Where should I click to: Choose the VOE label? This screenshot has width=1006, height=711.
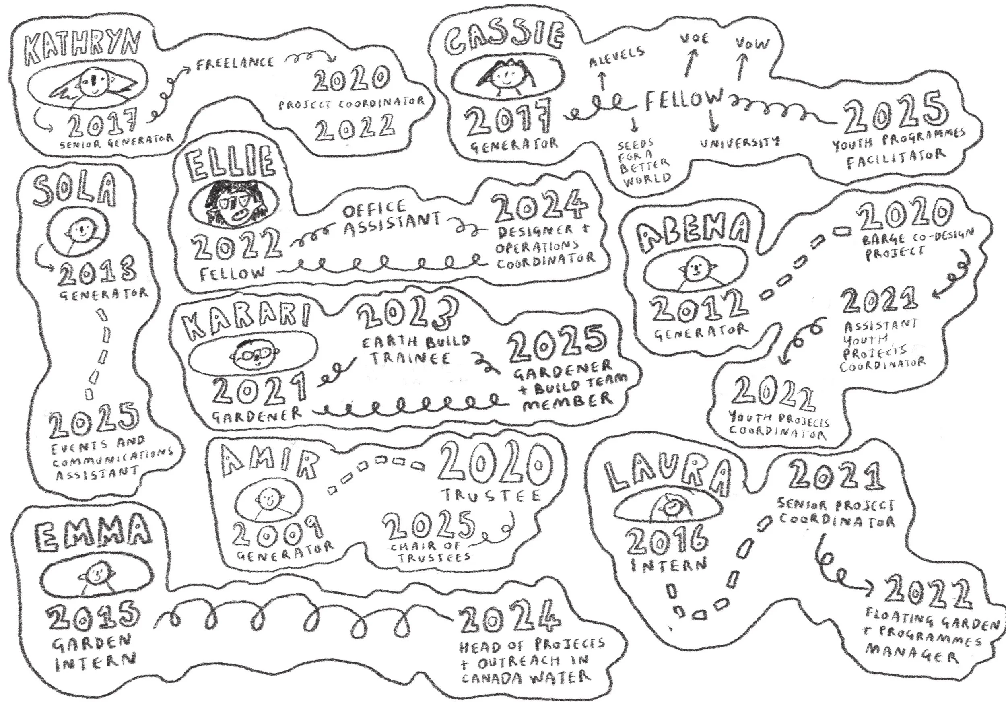click(694, 39)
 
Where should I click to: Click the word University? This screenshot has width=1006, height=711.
click(740, 142)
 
